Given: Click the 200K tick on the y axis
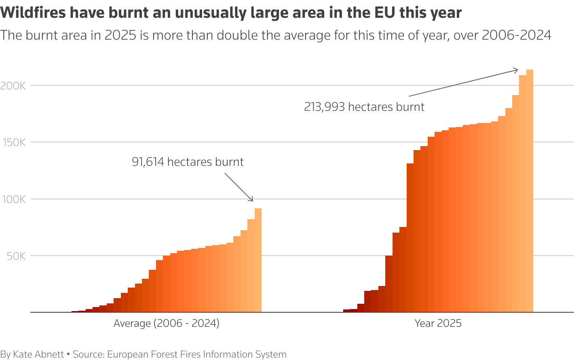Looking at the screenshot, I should [13, 86].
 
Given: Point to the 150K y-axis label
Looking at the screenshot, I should [13, 142].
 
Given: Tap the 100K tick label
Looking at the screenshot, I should [13, 199].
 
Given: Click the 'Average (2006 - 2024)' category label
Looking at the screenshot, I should [166, 324].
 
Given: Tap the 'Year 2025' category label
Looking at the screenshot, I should [438, 324].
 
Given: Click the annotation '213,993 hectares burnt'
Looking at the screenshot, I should [364, 107].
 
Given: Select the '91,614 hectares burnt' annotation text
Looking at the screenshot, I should [188, 162].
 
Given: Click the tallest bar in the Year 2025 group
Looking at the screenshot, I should [530, 190].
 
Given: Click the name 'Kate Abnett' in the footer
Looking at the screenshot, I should [38, 354].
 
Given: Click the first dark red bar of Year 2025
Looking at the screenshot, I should [346, 311].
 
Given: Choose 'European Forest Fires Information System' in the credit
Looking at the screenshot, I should [196, 354].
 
